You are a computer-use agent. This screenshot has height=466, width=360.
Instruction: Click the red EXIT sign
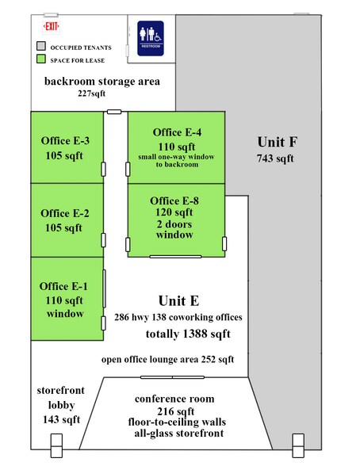[51, 27]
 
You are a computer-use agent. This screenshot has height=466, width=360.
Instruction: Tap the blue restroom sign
[151, 38]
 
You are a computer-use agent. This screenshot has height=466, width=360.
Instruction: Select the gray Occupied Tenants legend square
[41, 46]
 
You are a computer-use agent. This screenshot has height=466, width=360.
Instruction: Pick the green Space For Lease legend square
[41, 59]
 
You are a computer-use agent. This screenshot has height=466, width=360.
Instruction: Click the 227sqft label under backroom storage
[91, 94]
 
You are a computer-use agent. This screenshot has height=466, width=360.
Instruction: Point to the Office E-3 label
[65, 140]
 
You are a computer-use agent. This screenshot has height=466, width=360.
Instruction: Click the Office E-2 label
[65, 213]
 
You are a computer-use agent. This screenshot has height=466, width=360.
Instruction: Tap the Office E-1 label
[63, 286]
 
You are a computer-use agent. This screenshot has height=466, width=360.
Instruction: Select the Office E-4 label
[177, 132]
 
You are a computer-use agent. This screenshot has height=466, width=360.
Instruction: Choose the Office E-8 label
[174, 201]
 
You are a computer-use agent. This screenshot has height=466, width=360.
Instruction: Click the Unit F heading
[277, 142]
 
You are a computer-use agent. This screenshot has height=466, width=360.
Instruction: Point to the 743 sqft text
[275, 159]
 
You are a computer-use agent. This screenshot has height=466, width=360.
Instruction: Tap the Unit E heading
[178, 300]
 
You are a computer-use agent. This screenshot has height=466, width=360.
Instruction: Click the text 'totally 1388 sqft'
[188, 334]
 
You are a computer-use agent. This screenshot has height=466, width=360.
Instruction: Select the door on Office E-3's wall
[103, 169]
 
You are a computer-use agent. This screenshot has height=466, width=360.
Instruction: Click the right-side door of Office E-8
[224, 244]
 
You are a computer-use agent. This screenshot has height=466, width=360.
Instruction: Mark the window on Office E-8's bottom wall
[175, 257]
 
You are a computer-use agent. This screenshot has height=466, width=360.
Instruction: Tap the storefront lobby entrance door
[56, 445]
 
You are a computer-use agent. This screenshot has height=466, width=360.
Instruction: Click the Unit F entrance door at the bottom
[298, 445]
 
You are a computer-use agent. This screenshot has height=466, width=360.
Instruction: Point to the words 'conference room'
[174, 399]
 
